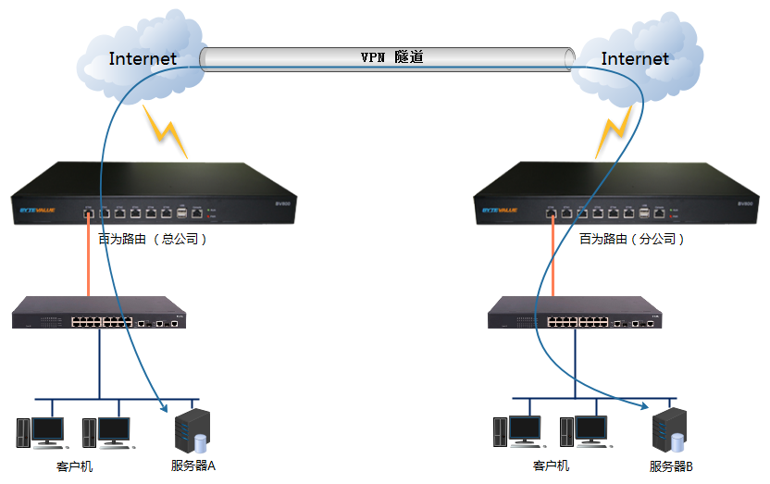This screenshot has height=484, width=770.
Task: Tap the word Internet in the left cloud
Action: [x=143, y=59]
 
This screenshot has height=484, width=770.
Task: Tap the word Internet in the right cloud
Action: [x=635, y=59]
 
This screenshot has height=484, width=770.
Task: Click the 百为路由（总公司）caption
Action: [x=153, y=239]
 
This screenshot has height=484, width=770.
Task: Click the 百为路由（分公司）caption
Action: [x=632, y=239]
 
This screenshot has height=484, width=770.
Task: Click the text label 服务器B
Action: [x=671, y=466]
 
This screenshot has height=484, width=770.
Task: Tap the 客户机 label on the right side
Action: [x=551, y=465]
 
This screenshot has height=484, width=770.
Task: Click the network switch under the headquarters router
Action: [x=98, y=315]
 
